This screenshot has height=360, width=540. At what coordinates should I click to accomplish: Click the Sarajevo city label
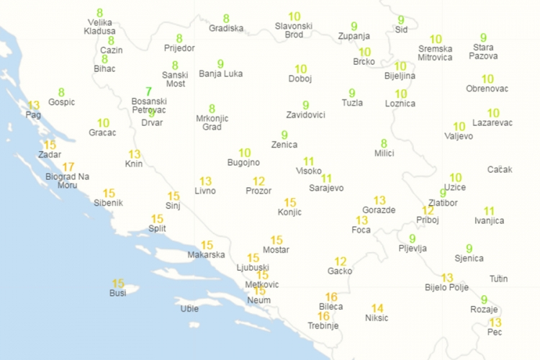click(x=326, y=188)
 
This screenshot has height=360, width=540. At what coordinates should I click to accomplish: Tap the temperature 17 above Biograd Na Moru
click(x=68, y=167)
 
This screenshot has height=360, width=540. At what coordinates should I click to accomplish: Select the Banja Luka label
click(x=220, y=73)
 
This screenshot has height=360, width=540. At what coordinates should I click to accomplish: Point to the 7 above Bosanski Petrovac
click(x=149, y=91)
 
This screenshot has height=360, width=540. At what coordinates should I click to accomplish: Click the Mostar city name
click(x=276, y=250)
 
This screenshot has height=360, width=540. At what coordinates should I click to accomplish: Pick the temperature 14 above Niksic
click(x=377, y=308)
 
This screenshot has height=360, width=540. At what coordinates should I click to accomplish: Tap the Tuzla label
click(x=352, y=103)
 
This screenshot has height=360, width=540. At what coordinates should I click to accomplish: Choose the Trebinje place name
click(x=323, y=326)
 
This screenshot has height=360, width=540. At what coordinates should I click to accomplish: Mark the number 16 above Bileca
click(x=331, y=297)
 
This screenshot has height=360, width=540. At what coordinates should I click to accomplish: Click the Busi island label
click(x=117, y=293)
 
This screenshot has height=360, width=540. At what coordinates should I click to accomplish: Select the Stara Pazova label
click(x=483, y=51)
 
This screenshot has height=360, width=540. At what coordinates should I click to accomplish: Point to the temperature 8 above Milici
click(x=384, y=143)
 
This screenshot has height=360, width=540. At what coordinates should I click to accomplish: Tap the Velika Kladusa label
click(x=99, y=27)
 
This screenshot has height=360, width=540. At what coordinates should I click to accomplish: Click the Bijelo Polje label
click(x=447, y=287)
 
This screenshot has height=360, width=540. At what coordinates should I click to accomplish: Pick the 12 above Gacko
click(x=341, y=261)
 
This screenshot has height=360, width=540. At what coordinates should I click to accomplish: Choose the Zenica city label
click(x=284, y=145)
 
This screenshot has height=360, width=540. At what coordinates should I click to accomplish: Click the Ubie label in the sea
click(x=189, y=309)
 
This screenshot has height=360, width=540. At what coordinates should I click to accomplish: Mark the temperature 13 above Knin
click(x=135, y=154)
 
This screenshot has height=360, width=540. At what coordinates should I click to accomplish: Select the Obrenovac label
click(x=487, y=89)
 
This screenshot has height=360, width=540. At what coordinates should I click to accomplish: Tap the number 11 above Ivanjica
click(x=489, y=211)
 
